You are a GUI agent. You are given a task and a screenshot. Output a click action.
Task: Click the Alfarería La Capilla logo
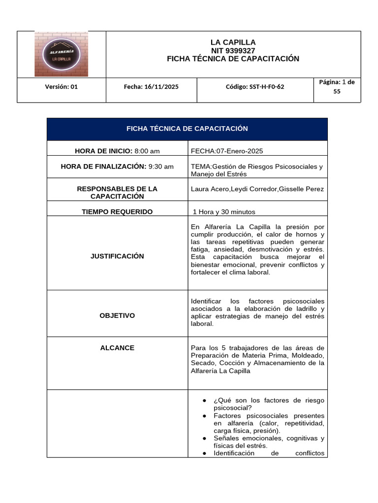click(x=61, y=54)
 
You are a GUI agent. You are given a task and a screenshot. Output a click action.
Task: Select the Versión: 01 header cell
click(x=62, y=86)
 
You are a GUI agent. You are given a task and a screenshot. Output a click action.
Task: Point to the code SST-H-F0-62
click(x=255, y=86)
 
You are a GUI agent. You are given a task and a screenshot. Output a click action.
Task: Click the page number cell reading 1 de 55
click(x=337, y=86)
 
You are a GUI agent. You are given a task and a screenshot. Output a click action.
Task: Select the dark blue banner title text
click(x=187, y=129)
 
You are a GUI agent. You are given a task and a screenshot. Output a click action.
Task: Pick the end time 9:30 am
click(x=161, y=167)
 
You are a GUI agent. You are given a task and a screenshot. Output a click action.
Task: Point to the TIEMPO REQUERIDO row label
click(x=117, y=212)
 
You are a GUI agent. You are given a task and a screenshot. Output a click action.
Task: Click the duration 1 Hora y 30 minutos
click(x=224, y=212)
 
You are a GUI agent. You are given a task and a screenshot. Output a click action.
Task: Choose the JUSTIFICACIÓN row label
click(x=117, y=256)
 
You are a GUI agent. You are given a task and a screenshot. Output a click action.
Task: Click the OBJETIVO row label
click(x=117, y=315)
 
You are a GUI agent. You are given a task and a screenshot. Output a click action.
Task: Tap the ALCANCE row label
click(x=117, y=348)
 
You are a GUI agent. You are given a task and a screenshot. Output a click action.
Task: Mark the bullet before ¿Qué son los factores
click(x=204, y=401)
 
